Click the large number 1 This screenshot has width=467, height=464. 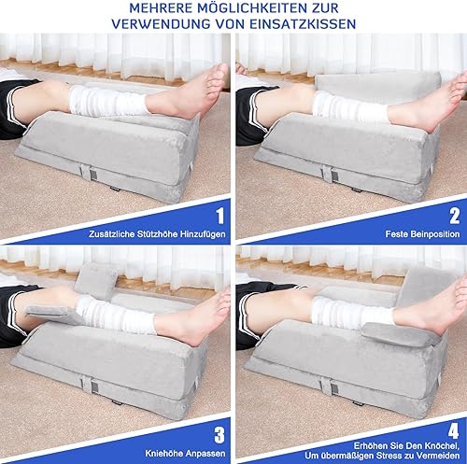220,216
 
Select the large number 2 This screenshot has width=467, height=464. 454,216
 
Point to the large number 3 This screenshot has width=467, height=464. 219,435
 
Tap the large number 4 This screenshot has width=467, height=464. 454,431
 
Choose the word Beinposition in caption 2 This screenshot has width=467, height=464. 436,234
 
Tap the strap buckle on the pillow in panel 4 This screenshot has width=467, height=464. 331,387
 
